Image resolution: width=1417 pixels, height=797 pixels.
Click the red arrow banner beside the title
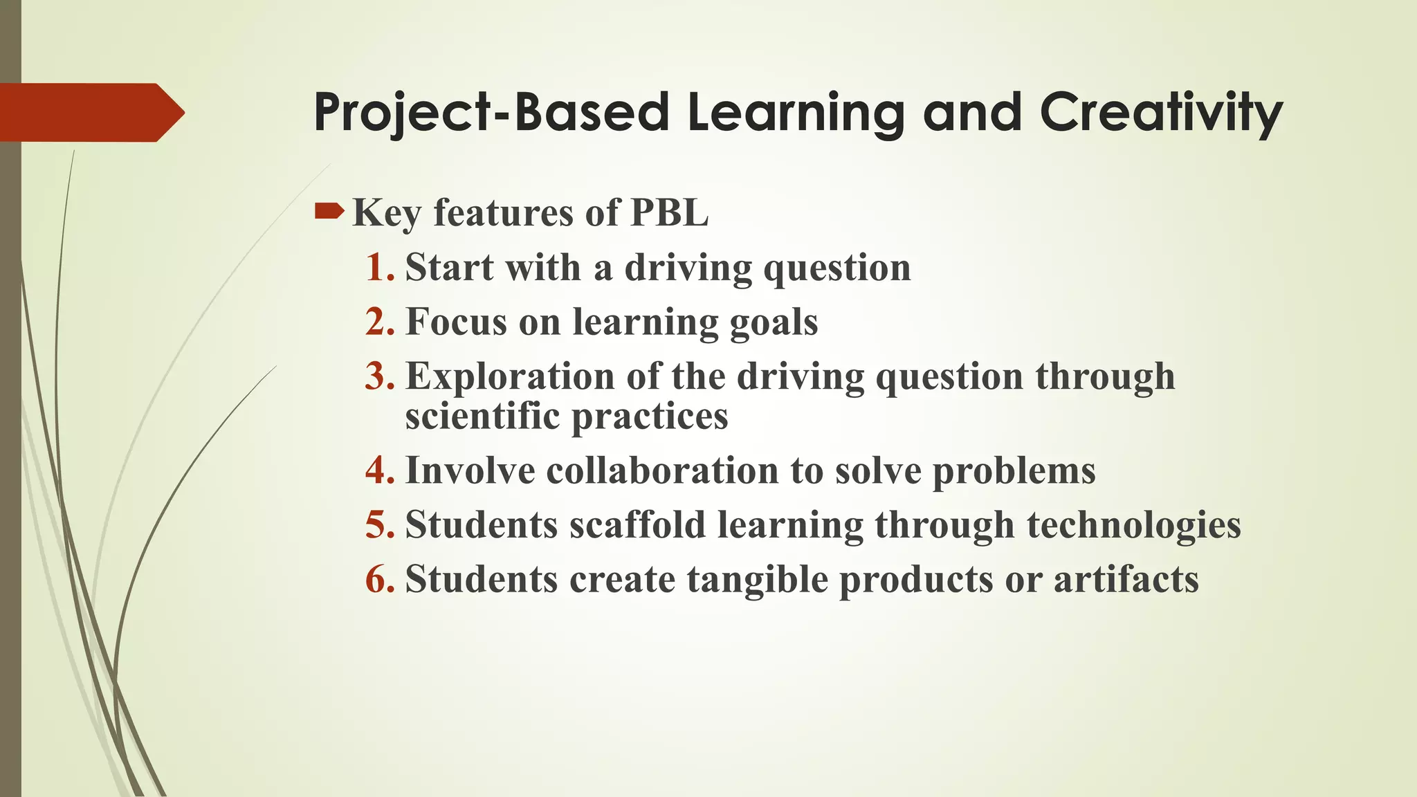tap(90, 112)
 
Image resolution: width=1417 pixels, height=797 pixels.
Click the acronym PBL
tap(669, 212)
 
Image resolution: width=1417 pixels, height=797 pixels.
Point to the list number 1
tap(379, 267)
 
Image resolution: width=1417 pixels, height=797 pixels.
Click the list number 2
tap(379, 322)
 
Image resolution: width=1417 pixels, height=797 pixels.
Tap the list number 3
tap(379, 376)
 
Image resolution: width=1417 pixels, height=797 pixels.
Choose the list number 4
tap(379, 470)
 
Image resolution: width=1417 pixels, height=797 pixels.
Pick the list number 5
tap(379, 524)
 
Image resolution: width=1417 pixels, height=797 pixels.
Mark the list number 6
tap(379, 579)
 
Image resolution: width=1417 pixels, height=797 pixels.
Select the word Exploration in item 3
tap(509, 377)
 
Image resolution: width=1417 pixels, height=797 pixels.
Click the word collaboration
tap(662, 470)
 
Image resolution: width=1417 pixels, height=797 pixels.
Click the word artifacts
tap(1126, 579)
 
